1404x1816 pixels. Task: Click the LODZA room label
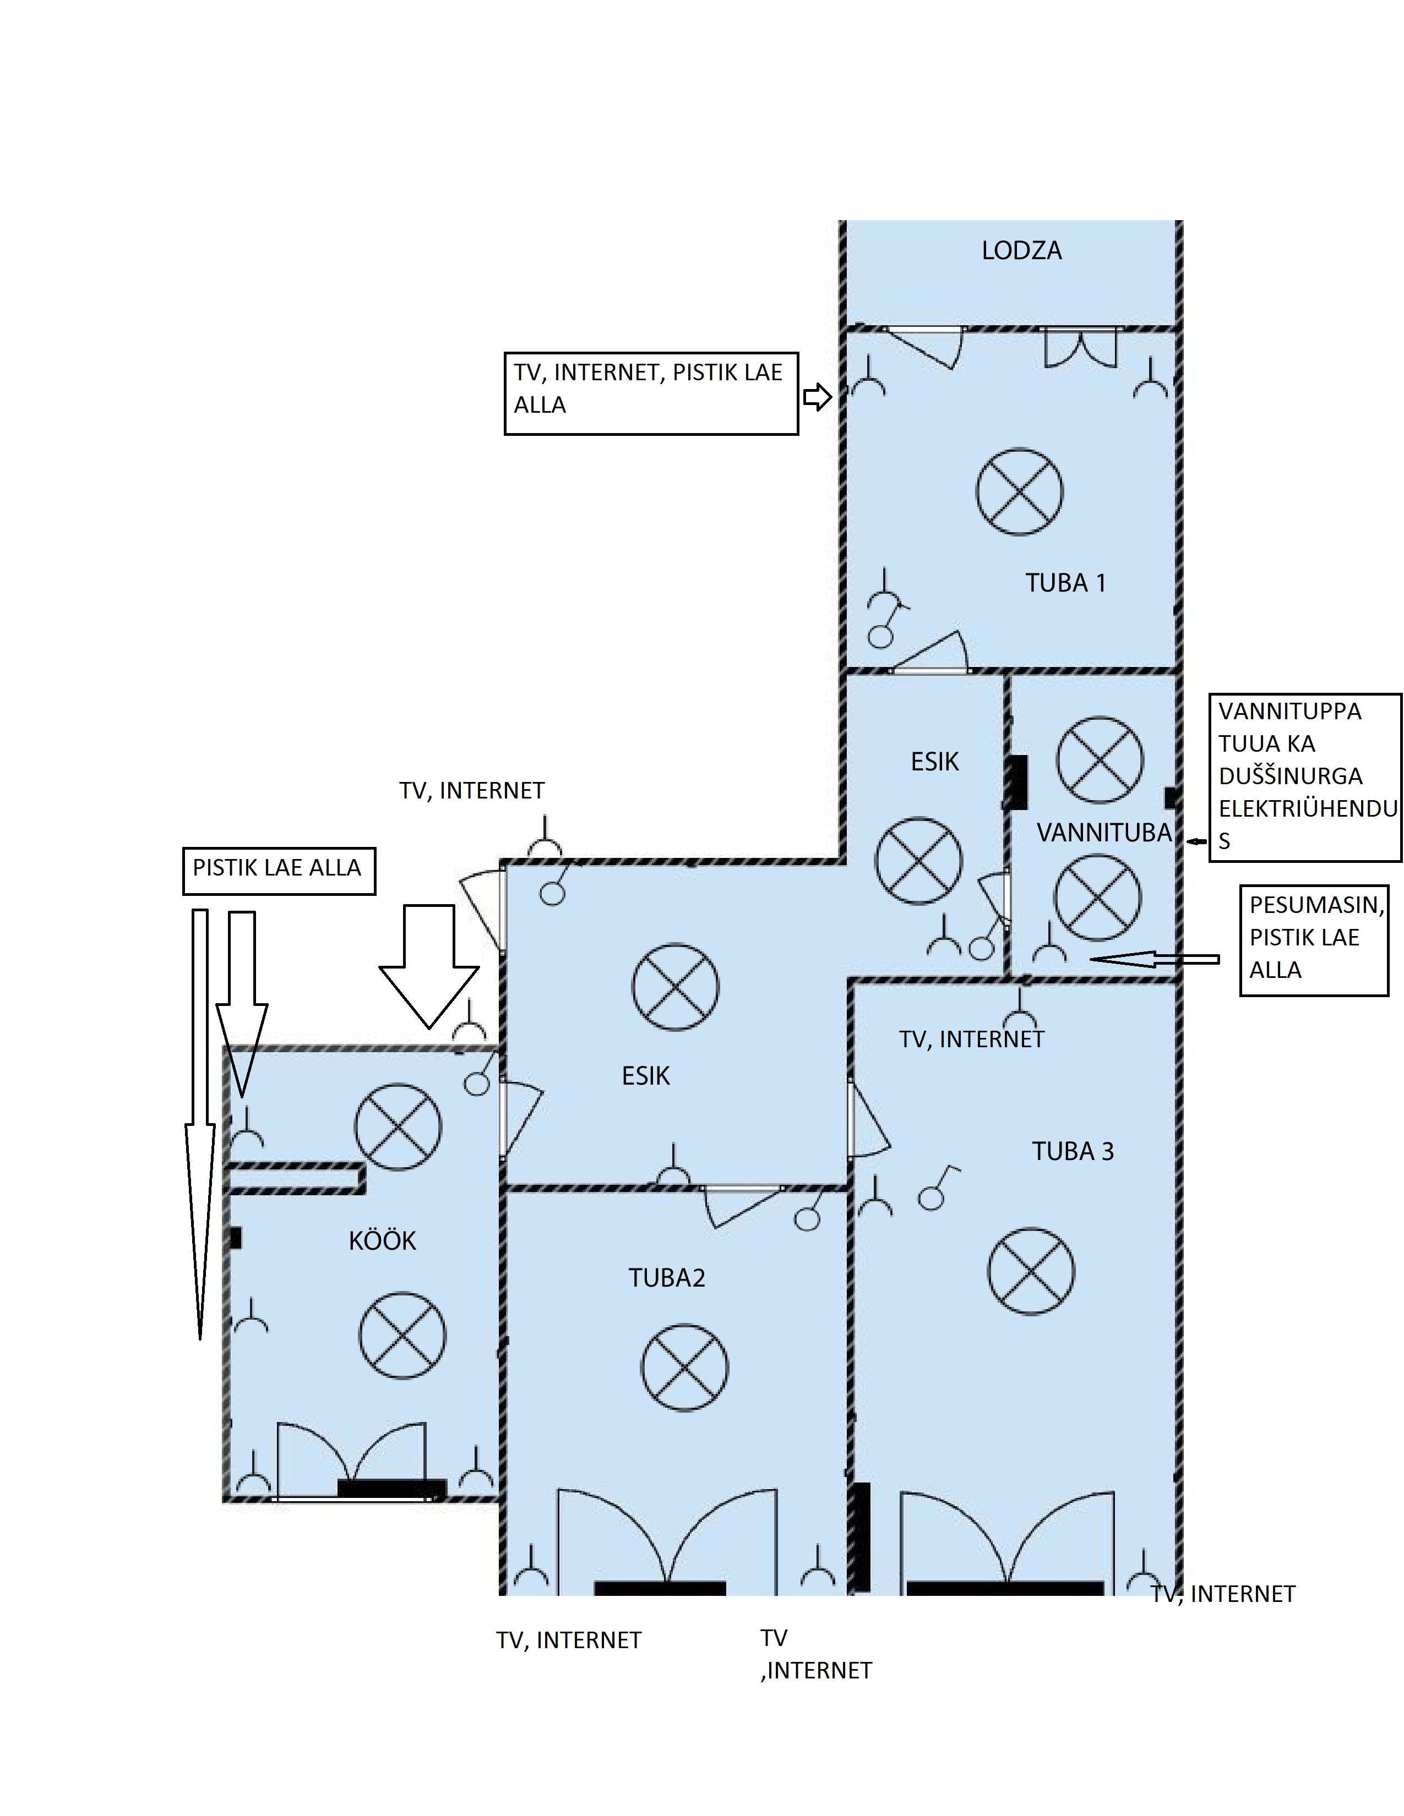tap(1021, 250)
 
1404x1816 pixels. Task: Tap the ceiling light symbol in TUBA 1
tap(1019, 491)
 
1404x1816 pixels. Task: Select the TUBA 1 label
tap(1065, 583)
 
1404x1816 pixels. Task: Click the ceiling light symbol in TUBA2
tap(684, 1368)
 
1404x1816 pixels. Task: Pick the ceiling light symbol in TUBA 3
tap(1031, 1271)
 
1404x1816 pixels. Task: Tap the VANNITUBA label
tap(1104, 832)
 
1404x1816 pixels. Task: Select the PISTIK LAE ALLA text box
tap(279, 871)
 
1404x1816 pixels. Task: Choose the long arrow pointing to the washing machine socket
tap(1155, 960)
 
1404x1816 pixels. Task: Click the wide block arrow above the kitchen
tap(429, 966)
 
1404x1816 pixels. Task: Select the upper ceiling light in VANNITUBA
tap(1100, 760)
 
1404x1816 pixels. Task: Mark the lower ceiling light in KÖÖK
tap(402, 1336)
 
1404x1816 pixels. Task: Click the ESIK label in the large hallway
tap(645, 1076)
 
